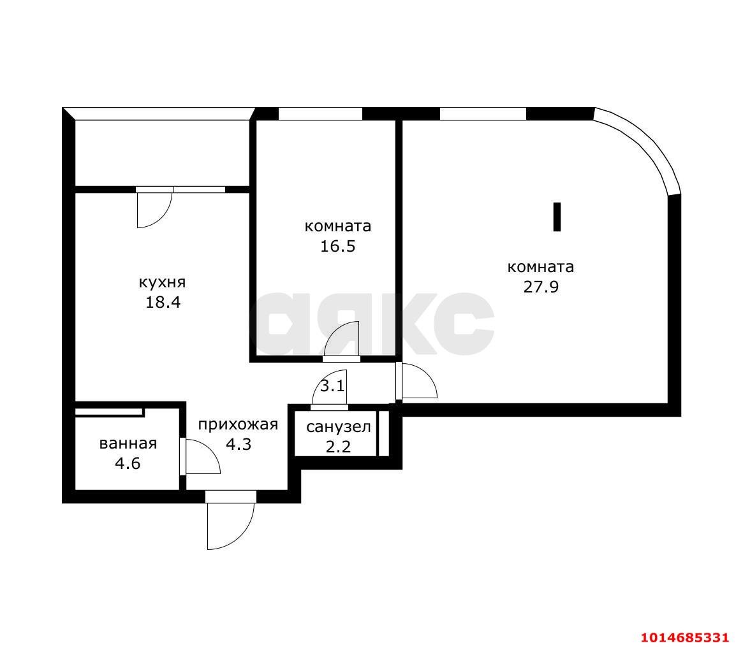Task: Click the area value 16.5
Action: pyautogui.click(x=337, y=247)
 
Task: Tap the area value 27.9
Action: pyautogui.click(x=541, y=287)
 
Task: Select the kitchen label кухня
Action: pyautogui.click(x=162, y=282)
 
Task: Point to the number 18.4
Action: pyautogui.click(x=163, y=302)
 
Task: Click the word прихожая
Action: pyautogui.click(x=238, y=425)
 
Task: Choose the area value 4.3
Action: pyautogui.click(x=239, y=444)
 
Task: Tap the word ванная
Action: pyautogui.click(x=128, y=443)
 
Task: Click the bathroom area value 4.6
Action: pyautogui.click(x=128, y=463)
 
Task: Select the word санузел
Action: pyautogui.click(x=338, y=427)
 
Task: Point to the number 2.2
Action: pyautogui.click(x=338, y=447)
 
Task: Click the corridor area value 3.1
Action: pyautogui.click(x=332, y=386)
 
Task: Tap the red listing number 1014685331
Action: pyautogui.click(x=684, y=637)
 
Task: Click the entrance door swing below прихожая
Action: pyautogui.click(x=230, y=524)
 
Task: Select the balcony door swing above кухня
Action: pyautogui.click(x=154, y=210)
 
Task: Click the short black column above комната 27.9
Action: pyautogui.click(x=557, y=217)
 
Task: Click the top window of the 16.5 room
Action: pyautogui.click(x=320, y=114)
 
